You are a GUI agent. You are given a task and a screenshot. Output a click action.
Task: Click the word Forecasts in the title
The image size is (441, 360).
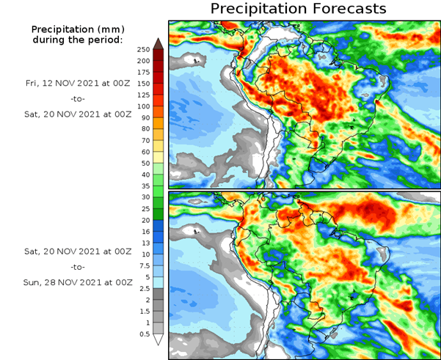343,9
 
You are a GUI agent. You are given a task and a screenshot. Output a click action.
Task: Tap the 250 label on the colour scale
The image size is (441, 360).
143,49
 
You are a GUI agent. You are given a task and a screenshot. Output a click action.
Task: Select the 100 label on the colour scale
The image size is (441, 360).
143,106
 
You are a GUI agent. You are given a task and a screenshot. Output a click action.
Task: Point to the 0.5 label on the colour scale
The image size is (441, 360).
143,334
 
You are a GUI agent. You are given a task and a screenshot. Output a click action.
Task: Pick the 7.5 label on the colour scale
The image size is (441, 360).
143,265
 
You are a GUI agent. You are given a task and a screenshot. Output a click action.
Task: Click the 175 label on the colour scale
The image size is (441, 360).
143,72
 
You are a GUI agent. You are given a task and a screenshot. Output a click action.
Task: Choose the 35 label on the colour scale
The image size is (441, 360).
143,185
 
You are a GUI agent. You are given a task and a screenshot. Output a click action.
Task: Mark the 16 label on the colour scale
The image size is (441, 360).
143,231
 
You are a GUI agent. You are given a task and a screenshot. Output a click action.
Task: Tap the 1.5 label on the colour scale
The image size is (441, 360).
143,311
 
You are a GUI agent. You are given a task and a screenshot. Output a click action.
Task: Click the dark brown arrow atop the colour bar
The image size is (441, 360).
158,43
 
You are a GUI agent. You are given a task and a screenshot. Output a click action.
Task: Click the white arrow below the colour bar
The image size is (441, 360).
158,339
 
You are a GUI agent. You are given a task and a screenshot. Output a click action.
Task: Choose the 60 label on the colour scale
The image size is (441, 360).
143,152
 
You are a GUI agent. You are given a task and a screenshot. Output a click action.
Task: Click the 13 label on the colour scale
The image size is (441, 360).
143,243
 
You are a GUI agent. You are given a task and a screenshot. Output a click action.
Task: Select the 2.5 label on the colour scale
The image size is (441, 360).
143,288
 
